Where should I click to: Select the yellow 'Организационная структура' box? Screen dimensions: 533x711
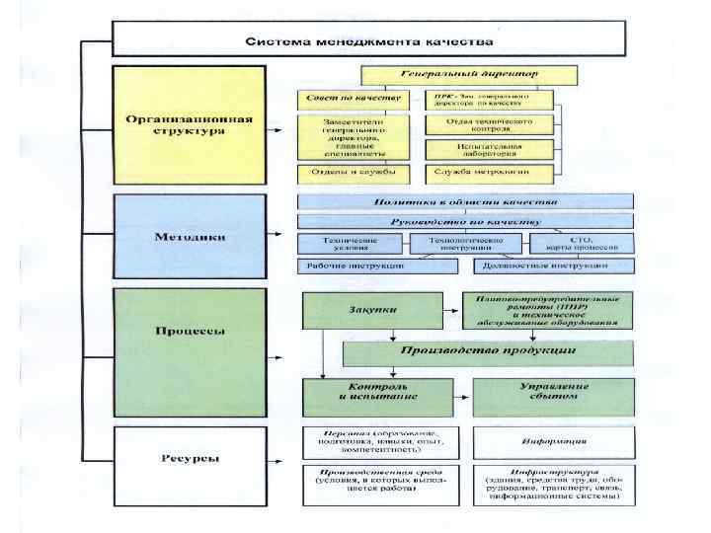[x=189, y=125]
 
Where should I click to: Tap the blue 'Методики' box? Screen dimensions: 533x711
[x=189, y=237]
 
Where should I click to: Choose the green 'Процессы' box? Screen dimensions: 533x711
[x=189, y=331]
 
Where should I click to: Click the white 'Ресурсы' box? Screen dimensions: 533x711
[x=189, y=458]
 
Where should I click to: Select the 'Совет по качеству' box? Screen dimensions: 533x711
[x=353, y=100]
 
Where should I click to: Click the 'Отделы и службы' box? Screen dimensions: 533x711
[x=353, y=173]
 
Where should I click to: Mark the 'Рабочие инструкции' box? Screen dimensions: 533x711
[x=353, y=266]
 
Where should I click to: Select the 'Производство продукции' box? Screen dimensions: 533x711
[x=487, y=352]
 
